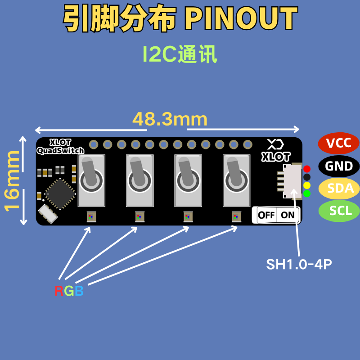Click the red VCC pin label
(338, 143)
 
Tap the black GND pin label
(339, 166)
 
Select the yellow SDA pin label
(339, 188)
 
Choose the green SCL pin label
(339, 211)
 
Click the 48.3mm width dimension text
(170, 119)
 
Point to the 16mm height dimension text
(12, 181)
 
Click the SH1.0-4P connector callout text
(299, 264)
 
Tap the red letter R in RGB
(59, 291)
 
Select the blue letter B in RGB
(79, 291)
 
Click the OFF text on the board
(266, 215)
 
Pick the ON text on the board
(288, 215)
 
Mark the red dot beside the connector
(307, 169)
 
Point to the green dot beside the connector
(307, 193)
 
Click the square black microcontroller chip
(60, 194)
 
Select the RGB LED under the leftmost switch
(91, 216)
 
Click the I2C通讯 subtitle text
(180, 54)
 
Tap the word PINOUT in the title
(241, 18)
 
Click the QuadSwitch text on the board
(60, 151)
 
